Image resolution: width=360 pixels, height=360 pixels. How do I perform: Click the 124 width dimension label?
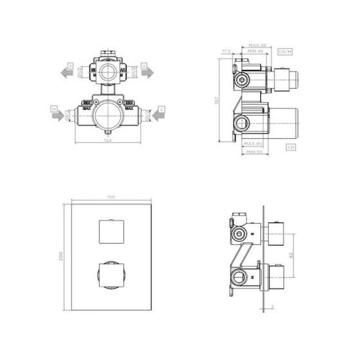(107, 139)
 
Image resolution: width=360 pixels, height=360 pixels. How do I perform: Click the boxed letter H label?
(53, 109)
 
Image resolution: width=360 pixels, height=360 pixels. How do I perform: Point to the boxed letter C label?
(161, 109)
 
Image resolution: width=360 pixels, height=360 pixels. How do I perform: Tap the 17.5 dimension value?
(225, 51)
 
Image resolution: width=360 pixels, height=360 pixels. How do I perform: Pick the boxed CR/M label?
(284, 52)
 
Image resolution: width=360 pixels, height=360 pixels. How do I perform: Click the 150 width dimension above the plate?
(109, 197)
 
